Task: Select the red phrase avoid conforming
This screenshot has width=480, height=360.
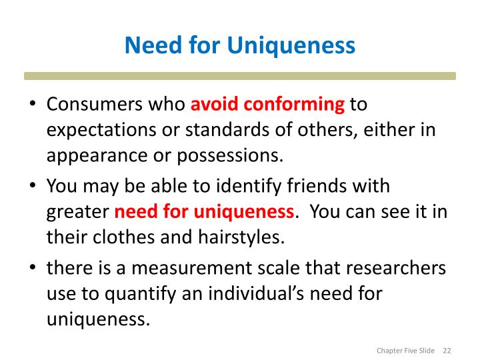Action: [x=268, y=105]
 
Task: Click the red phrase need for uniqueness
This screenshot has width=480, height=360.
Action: [x=205, y=213]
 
